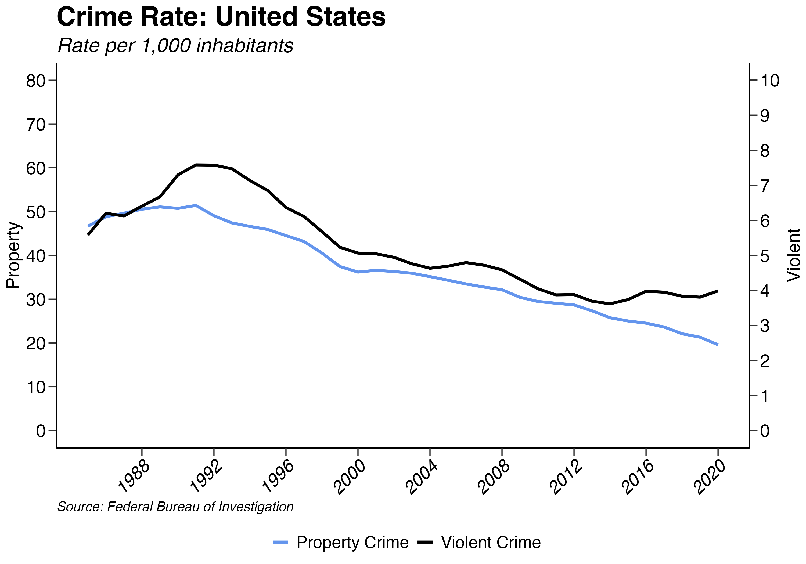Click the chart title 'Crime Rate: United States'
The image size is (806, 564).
(221, 17)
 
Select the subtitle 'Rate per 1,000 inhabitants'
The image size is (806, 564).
(175, 46)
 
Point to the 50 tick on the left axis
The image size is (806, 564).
(36, 212)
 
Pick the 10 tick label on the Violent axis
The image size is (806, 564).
(770, 81)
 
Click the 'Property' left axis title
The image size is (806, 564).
(13, 255)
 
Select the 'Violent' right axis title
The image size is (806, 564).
(793, 255)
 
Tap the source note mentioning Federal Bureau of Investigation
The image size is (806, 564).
(175, 507)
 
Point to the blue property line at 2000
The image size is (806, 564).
(358, 272)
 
